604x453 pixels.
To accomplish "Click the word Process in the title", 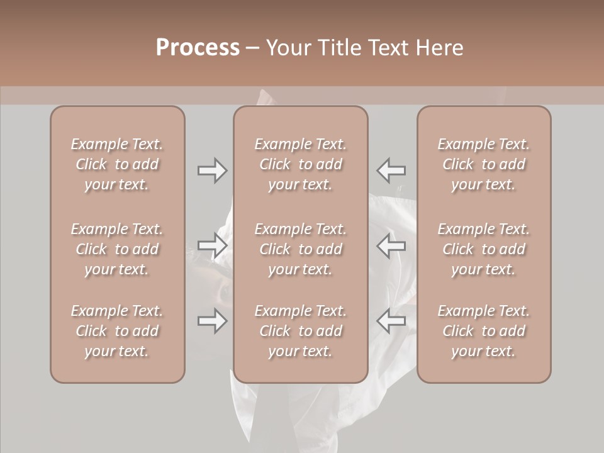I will click(198, 48).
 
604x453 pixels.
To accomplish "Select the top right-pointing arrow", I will click(212, 171).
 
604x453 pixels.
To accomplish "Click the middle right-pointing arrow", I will click(212, 246).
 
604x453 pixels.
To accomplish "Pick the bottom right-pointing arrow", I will click(212, 322).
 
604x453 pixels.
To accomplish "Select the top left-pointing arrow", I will click(391, 171).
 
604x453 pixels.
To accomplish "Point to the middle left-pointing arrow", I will click(391, 246).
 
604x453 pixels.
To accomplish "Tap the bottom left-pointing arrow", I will click(391, 322).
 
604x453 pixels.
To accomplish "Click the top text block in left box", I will click(117, 164).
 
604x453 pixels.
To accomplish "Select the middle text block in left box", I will click(117, 249).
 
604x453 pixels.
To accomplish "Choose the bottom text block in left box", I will click(117, 331).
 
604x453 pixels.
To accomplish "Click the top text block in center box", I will click(301, 164).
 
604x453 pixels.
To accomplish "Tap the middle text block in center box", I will click(301, 249).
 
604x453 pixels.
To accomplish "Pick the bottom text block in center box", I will click(301, 331).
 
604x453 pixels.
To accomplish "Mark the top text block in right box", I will click(484, 164).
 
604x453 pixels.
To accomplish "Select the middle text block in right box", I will click(484, 249).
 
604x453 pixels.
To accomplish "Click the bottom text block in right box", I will click(484, 331).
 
